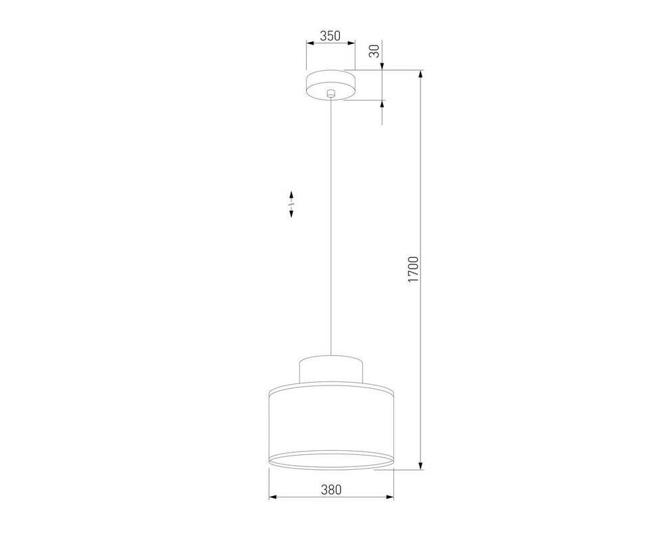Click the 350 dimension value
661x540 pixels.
point(330,36)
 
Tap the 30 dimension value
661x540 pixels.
point(375,51)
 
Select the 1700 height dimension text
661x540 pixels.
point(414,269)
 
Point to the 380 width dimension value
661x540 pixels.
point(331,489)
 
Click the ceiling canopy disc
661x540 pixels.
point(331,86)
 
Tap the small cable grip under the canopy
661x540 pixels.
point(331,93)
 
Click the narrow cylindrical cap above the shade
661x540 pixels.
point(331,369)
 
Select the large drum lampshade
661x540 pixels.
point(331,426)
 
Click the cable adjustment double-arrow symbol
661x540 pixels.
point(291,204)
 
